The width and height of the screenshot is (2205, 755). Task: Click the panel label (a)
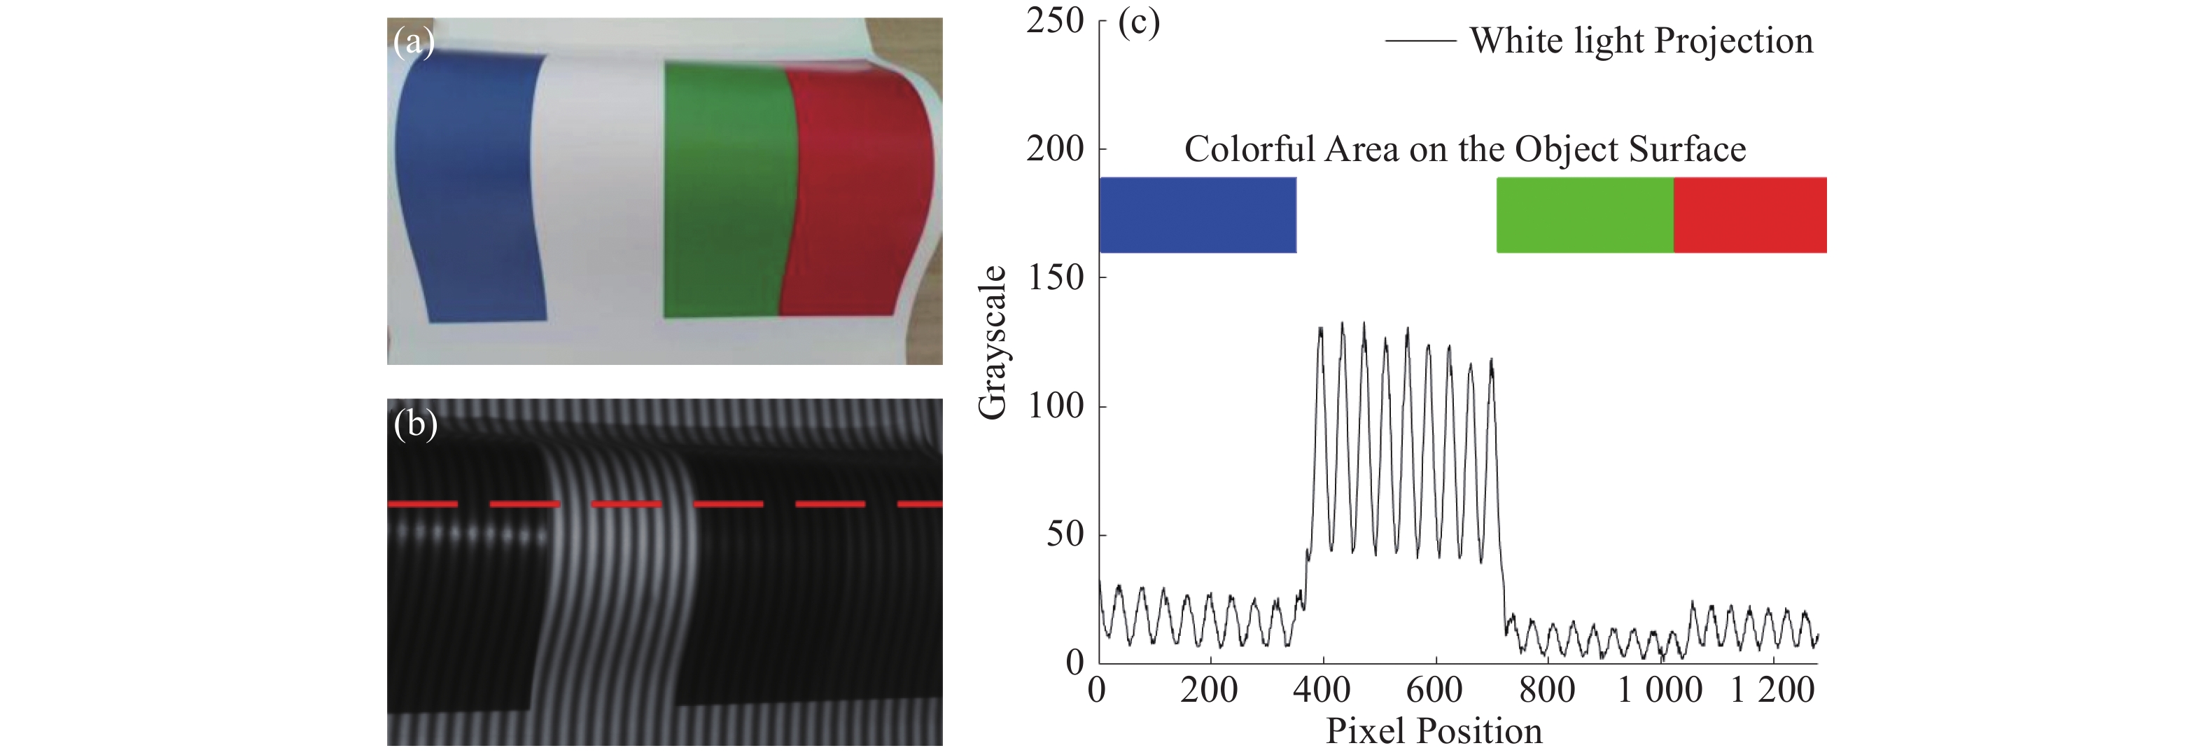coord(414,42)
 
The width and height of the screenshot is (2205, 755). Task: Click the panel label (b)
coord(415,424)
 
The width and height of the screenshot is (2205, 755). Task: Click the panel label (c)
coord(1138,22)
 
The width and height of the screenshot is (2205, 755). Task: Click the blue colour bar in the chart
coord(1197,215)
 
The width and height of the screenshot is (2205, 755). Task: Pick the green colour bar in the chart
coord(1584,215)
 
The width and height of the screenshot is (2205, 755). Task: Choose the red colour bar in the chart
coord(1749,215)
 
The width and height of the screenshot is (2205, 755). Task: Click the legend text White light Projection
coord(1641,40)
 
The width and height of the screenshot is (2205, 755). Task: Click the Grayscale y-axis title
coord(992,342)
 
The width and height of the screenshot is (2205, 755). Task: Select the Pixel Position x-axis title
coord(1434,731)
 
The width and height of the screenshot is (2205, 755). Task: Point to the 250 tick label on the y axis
coord(1055,20)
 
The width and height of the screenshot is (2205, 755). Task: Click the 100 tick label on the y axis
coord(1055,406)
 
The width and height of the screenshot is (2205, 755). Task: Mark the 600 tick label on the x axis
coord(1434,690)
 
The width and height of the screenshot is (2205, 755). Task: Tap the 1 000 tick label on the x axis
coord(1659,690)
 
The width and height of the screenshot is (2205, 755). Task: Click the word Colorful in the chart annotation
coord(1249,150)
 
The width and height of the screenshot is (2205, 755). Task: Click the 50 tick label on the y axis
coord(1065,534)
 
